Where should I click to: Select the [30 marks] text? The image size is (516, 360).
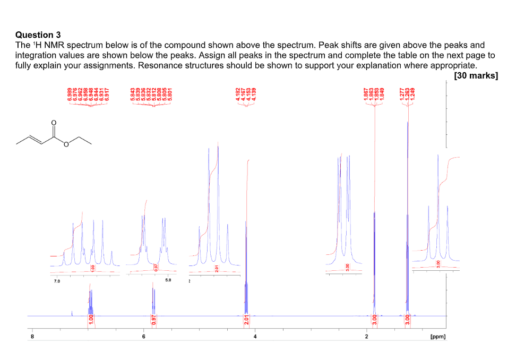pyautogui.click(x=476, y=75)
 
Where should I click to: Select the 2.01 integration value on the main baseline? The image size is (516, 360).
pyautogui.click(x=246, y=320)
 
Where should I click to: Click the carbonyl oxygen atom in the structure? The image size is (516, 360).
pyautogui.click(x=53, y=123)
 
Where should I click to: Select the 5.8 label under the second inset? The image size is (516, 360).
pyautogui.click(x=168, y=280)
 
